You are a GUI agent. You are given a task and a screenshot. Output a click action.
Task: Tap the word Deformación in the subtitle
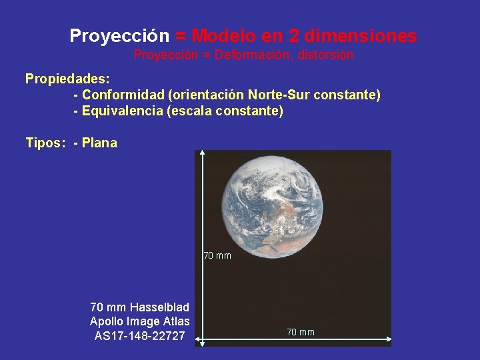coord(251,55)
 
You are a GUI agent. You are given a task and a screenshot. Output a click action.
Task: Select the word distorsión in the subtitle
coord(325,55)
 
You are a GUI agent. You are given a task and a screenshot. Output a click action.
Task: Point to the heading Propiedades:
coord(67,79)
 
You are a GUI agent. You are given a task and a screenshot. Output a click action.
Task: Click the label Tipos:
coord(43,143)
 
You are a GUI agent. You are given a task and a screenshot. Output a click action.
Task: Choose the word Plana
coord(99,143)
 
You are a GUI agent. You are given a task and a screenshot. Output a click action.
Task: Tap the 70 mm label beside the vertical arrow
coord(217,255)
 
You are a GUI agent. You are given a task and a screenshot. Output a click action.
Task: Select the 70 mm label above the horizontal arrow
coord(301,332)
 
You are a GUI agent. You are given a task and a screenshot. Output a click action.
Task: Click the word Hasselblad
coord(159,307)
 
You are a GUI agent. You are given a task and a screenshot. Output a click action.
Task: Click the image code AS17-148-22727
coord(140,335)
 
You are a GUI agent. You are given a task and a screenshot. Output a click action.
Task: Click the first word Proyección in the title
coord(119,35)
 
